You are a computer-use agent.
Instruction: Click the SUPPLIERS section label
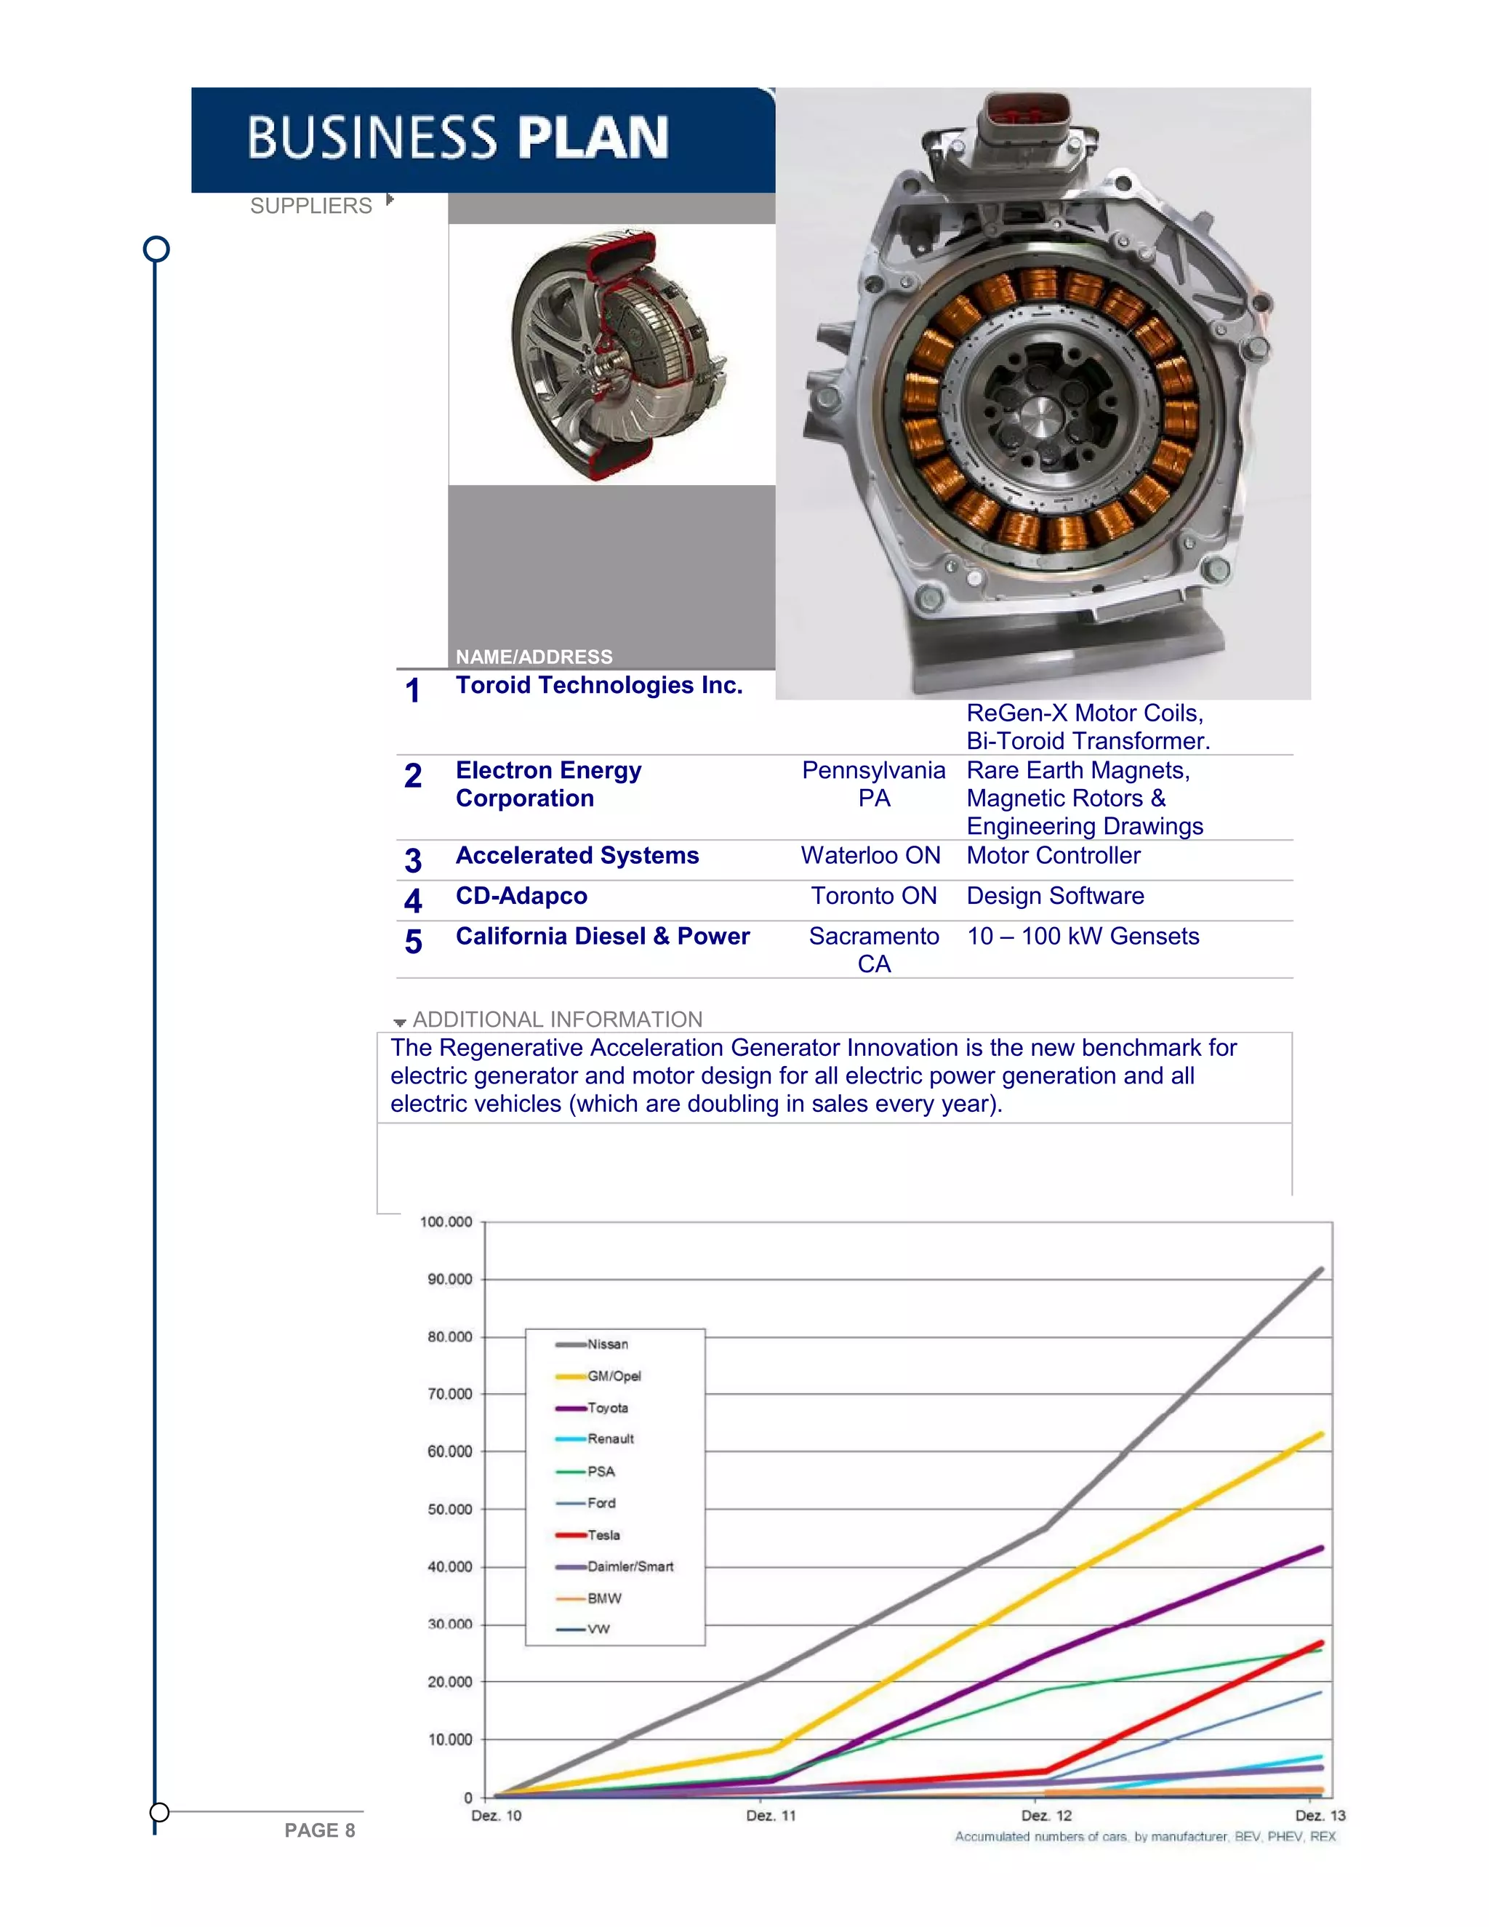[x=310, y=206]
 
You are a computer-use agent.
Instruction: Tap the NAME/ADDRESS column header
[x=534, y=657]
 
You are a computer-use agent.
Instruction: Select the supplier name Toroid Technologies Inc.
[x=599, y=685]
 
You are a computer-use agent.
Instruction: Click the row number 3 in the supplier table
[x=413, y=860]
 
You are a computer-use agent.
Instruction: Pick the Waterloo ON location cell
[x=870, y=855]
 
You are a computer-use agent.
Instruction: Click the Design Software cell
[x=1055, y=896]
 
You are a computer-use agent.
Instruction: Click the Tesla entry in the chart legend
[x=603, y=1535]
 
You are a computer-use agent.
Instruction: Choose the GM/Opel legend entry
[x=614, y=1377]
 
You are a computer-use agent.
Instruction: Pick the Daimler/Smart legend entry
[x=630, y=1567]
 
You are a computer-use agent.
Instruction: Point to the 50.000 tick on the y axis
[x=450, y=1510]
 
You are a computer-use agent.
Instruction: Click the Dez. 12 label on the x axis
[x=1046, y=1816]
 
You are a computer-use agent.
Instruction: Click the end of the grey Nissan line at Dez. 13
[x=1320, y=1270]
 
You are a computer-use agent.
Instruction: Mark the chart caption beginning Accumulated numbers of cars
[x=1145, y=1837]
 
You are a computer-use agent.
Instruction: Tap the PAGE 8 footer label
[x=319, y=1831]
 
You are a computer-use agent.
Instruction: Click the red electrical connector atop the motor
[x=1027, y=112]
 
